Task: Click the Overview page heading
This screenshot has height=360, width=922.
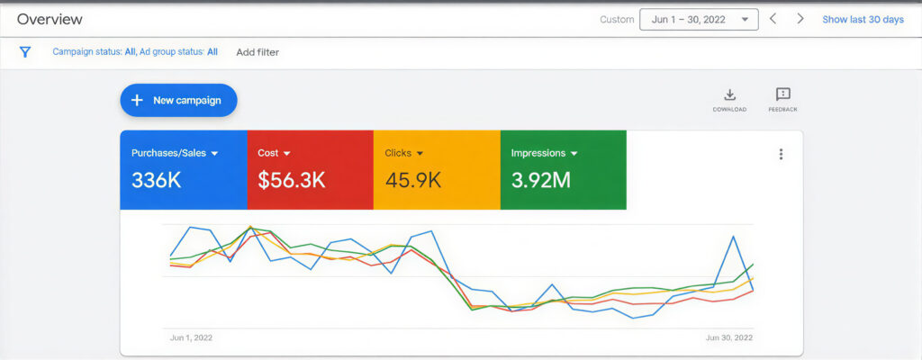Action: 50,19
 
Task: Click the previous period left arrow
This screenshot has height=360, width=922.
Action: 773,19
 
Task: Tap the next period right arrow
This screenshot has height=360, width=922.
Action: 800,19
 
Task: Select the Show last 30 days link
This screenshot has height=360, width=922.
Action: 863,19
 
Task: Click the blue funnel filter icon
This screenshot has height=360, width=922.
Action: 25,52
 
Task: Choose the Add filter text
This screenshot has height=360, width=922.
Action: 258,52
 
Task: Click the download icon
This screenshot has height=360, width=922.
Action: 730,94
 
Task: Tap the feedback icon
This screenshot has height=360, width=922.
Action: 782,94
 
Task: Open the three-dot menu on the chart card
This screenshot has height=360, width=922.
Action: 781,154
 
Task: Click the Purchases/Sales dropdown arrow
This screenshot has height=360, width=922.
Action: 214,154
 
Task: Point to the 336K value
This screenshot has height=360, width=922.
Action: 157,180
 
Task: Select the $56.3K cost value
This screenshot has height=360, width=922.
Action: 291,180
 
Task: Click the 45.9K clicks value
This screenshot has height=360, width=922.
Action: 412,180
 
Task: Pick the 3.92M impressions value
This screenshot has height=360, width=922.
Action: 540,180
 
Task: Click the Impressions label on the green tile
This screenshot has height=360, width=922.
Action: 538,153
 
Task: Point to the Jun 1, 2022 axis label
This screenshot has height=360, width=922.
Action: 191,338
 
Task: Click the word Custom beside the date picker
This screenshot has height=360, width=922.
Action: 616,19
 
